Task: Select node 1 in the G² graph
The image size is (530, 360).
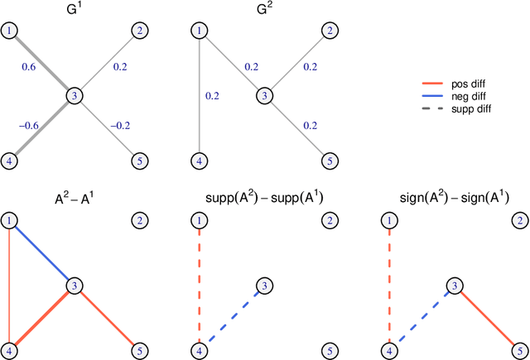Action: pyautogui.click(x=199, y=31)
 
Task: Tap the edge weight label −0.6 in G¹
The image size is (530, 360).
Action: pyautogui.click(x=29, y=126)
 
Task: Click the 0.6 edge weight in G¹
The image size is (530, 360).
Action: pyautogui.click(x=29, y=70)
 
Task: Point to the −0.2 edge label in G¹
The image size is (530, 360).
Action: pyautogui.click(x=121, y=126)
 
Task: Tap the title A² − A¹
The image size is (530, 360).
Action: pyautogui.click(x=76, y=198)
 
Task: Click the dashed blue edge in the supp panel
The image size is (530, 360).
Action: pyautogui.click(x=231, y=318)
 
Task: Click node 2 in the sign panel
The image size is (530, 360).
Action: pyautogui.click(x=518, y=221)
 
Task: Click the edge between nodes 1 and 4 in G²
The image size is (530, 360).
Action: pyautogui.click(x=199, y=95)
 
